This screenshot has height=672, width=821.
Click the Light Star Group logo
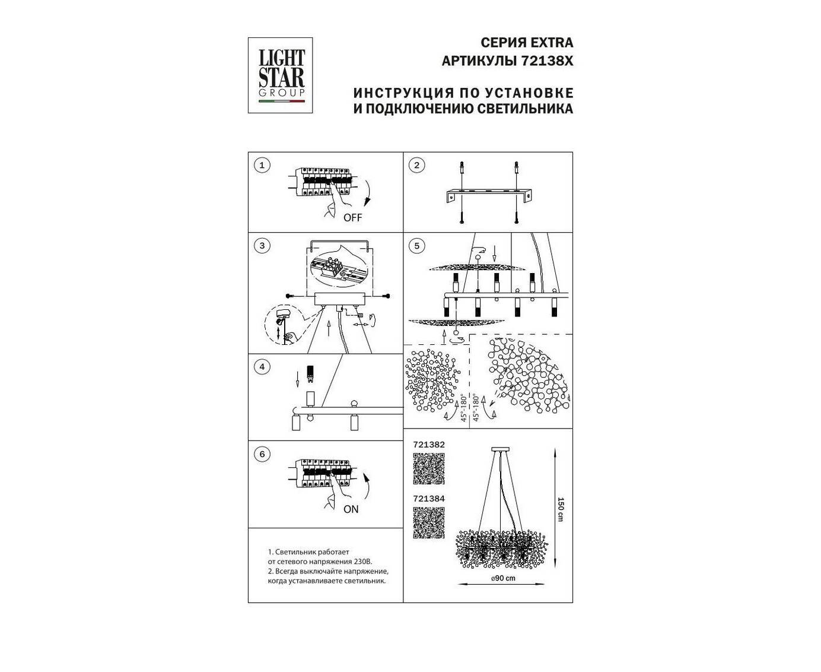280,75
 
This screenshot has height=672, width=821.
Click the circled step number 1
262,165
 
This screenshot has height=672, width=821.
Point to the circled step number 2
417,165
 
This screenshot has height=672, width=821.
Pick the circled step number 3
262,246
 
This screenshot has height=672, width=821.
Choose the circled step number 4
262,367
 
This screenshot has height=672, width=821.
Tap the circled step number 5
417,246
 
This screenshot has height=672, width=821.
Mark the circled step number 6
262,454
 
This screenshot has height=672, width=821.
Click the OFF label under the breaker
353,218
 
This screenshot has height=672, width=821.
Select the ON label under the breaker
351,509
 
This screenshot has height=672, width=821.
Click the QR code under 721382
429,468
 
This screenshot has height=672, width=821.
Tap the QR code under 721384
429,523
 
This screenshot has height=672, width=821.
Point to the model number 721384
429,499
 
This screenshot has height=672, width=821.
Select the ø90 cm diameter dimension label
503,578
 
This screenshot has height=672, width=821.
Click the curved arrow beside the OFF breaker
367,192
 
